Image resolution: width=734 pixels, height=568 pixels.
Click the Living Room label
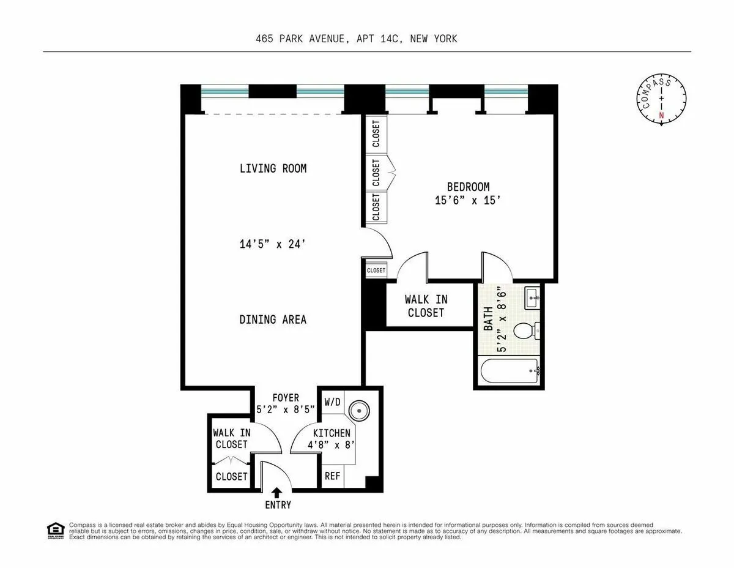coord(273,168)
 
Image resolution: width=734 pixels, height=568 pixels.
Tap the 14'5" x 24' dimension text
coord(273,244)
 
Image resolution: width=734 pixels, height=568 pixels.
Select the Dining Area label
coord(273,319)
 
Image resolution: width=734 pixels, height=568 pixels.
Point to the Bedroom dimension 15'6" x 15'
coord(468,200)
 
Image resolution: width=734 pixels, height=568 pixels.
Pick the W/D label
coord(332,402)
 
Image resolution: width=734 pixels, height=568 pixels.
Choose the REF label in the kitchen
coord(332,476)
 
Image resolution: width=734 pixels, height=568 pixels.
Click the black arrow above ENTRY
coord(276,491)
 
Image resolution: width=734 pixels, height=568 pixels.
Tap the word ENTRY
coord(277,505)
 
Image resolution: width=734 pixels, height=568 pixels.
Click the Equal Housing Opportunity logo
coord(56,530)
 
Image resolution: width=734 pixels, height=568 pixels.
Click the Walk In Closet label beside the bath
coord(426,306)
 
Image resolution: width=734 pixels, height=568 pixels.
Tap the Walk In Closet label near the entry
coord(231,438)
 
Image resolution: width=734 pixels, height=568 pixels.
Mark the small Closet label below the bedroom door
coord(376,270)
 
